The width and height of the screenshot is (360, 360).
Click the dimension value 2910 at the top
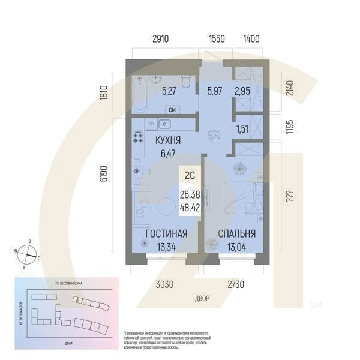(160, 39)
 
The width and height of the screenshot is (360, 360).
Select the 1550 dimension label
(216, 39)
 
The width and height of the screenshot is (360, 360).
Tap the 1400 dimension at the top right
(251, 39)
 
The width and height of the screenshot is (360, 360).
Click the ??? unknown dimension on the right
(290, 196)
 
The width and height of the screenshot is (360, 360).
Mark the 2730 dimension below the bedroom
(237, 285)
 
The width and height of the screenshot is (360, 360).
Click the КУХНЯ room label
(169, 142)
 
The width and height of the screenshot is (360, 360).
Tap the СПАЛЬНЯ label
(236, 234)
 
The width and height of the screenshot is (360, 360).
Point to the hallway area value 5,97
(214, 92)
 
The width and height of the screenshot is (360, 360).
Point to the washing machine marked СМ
(172, 110)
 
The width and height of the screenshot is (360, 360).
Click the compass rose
(28, 255)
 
